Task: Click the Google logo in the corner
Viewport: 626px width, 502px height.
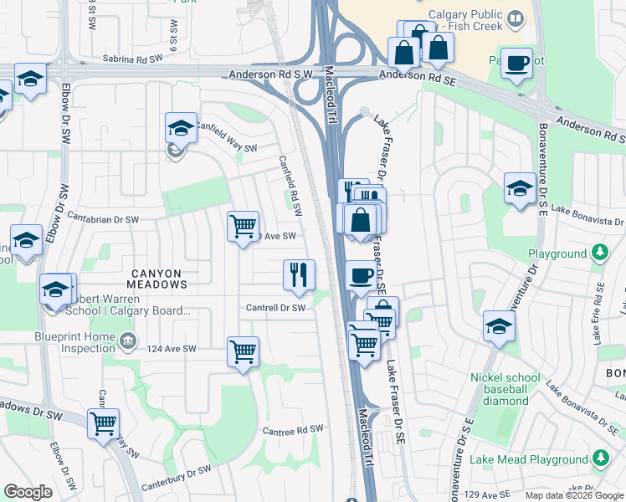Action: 28,492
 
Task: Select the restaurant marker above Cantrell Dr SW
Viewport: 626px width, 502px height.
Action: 299,274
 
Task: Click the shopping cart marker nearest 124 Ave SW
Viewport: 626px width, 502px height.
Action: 243,351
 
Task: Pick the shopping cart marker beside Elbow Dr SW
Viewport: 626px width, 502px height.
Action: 103,423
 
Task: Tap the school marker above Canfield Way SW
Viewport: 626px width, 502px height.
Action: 181,129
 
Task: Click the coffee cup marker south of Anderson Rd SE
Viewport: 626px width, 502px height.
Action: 517,63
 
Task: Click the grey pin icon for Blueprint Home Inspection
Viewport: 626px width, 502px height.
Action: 127,340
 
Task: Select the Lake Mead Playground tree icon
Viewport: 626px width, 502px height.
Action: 600,458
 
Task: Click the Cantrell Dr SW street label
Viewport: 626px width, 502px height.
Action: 275,308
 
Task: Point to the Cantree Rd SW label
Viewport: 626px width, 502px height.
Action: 292,429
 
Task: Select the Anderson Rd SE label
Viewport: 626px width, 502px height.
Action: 415,75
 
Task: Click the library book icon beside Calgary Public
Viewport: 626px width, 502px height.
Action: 516,17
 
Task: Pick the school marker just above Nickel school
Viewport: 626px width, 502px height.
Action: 499,325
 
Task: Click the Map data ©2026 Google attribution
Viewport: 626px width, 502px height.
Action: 572,495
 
